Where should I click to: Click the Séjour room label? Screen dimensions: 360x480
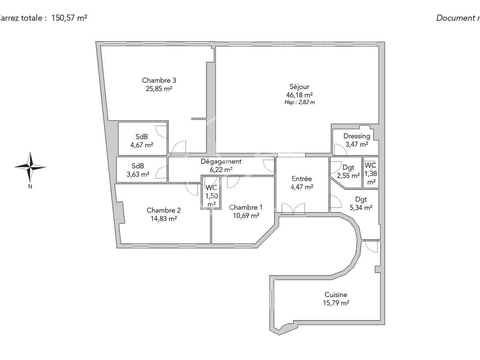(x=299, y=87)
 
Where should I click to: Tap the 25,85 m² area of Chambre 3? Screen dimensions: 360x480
(x=159, y=88)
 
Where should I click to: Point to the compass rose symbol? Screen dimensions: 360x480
(x=30, y=167)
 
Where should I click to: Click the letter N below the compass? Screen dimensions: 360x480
(x=30, y=186)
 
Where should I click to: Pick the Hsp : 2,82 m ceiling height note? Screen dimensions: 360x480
(x=299, y=102)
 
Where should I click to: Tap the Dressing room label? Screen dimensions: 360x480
(x=356, y=136)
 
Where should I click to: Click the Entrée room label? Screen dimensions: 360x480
(x=302, y=179)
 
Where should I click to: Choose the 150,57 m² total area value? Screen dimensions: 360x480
(x=69, y=18)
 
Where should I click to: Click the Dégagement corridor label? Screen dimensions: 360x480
(x=220, y=162)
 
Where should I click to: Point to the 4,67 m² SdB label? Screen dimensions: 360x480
(x=142, y=141)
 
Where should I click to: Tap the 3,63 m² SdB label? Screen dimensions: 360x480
(x=138, y=170)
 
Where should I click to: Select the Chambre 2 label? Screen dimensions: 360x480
(x=164, y=210)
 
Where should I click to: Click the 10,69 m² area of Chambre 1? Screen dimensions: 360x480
(x=246, y=215)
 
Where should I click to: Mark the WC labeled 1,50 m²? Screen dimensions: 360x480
(x=211, y=196)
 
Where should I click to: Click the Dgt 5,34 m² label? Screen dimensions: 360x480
(x=361, y=203)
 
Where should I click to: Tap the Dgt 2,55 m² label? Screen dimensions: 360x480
(x=346, y=171)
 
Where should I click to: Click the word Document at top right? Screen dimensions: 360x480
(x=454, y=18)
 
